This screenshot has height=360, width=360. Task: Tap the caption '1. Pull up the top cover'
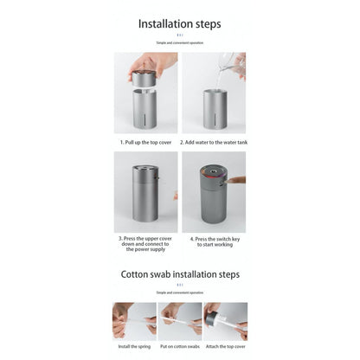(x=146, y=141)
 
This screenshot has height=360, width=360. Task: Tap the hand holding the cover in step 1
(x=151, y=63)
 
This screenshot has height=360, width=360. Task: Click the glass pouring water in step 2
(x=229, y=63)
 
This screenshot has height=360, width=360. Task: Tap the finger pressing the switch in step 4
(x=236, y=181)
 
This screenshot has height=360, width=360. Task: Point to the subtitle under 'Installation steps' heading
(x=179, y=41)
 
